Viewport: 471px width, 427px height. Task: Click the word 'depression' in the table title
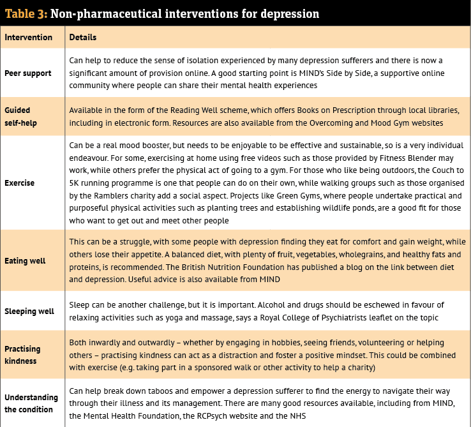click(x=289, y=13)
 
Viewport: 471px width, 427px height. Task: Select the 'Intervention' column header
click(x=29, y=38)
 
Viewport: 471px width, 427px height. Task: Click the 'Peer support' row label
click(x=28, y=73)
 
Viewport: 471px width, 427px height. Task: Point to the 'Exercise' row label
click(x=20, y=183)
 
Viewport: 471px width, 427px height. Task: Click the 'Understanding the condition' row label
click(x=31, y=403)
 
